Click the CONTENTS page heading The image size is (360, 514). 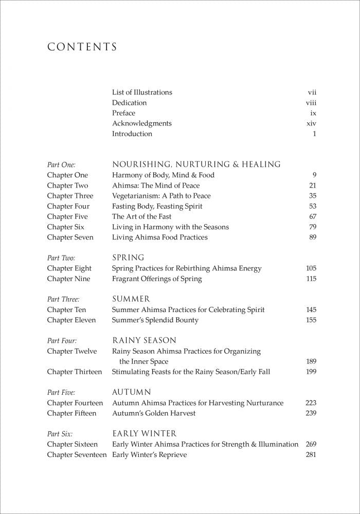(82, 47)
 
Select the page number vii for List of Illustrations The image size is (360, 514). (312, 93)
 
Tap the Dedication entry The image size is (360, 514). (129, 103)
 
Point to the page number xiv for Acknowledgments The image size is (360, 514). (311, 123)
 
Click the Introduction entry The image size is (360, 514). (132, 134)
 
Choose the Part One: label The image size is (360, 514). (61, 165)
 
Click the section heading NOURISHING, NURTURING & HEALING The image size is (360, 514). (196, 164)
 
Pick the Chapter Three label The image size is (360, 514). (70, 196)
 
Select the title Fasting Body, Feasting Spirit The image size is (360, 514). (157, 206)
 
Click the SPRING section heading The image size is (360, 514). (128, 258)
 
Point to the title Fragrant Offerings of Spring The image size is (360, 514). (157, 279)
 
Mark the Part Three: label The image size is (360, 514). (63, 299)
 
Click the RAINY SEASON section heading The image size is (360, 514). (144, 340)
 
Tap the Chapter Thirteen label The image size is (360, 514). (75, 372)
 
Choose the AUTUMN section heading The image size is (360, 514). (132, 392)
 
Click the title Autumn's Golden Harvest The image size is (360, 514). (154, 413)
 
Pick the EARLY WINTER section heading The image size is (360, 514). (145, 434)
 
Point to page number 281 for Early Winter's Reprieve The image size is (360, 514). (311, 454)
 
